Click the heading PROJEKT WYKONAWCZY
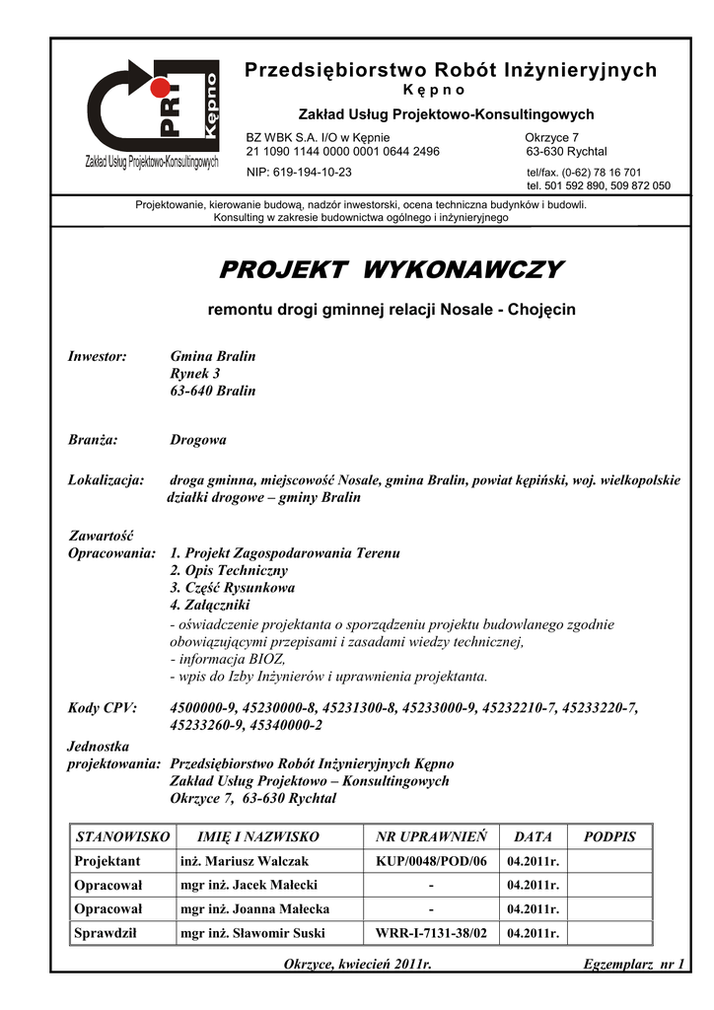tap(391, 269)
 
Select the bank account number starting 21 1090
tap(342, 151)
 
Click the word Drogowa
tap(198, 440)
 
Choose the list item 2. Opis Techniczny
tap(229, 570)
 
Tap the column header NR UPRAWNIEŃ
tap(431, 837)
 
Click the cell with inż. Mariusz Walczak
tap(245, 861)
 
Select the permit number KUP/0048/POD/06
tap(431, 861)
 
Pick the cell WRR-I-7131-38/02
tap(431, 932)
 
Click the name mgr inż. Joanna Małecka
tap(254, 908)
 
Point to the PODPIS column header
tap(610, 837)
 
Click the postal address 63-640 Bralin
tap(213, 391)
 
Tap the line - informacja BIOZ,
tap(228, 659)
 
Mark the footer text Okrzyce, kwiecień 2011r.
tap(358, 963)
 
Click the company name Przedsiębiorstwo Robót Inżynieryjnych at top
tap(450, 70)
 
